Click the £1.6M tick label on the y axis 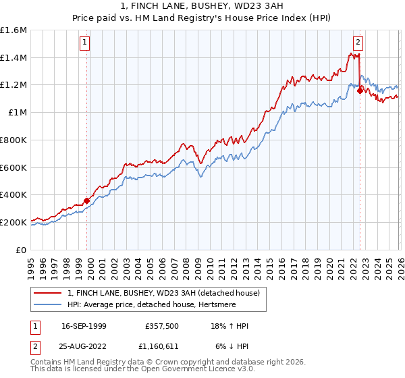[13, 30]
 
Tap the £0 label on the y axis [22, 250]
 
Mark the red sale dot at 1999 [87, 200]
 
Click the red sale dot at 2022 [360, 90]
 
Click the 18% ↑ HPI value [230, 326]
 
